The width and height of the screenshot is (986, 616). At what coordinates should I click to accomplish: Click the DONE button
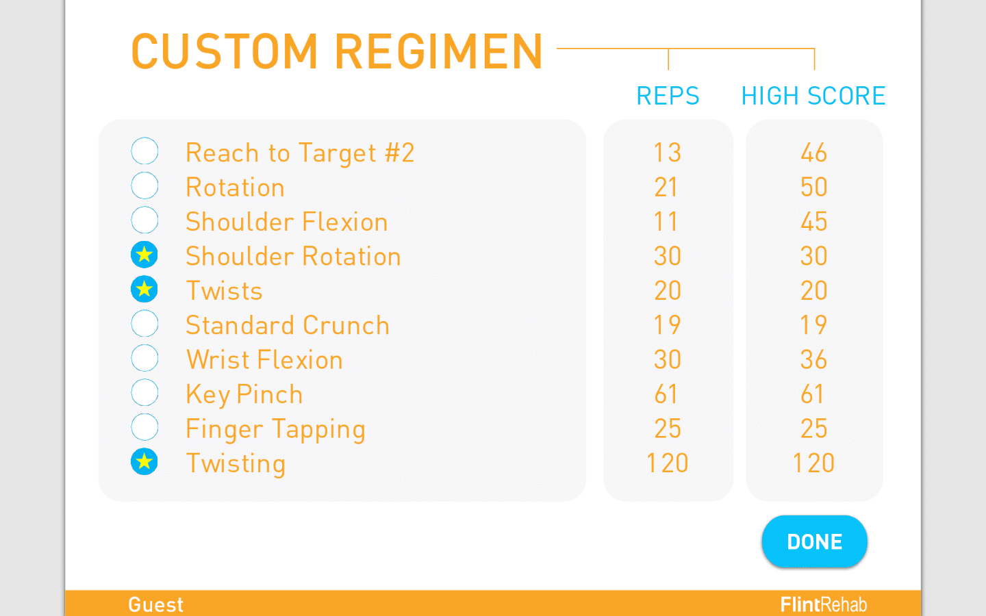[814, 541]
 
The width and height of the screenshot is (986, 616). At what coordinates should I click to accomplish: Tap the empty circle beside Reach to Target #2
[144, 151]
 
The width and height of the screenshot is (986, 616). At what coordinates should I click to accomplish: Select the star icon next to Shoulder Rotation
[144, 255]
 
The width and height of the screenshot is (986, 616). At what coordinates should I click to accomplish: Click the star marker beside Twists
[144, 290]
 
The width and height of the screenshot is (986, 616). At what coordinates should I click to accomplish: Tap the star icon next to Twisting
[144, 462]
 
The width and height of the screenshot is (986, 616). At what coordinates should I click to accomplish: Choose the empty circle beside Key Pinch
[144, 393]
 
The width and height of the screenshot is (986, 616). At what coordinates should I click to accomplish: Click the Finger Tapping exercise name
[275, 429]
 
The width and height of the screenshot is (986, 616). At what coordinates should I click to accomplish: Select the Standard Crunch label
[288, 325]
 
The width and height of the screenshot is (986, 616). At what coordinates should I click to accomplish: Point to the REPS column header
[668, 96]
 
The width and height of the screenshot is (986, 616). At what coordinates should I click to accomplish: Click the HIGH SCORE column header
[813, 96]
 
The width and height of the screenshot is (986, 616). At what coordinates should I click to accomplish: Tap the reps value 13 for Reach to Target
[668, 153]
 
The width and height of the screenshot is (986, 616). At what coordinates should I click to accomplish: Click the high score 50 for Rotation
[814, 187]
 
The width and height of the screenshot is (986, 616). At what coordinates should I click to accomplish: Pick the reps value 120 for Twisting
[668, 463]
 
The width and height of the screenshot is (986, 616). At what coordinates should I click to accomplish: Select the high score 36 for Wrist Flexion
[814, 359]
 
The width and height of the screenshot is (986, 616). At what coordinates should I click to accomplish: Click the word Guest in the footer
[156, 604]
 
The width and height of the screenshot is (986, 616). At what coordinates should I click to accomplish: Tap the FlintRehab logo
[824, 604]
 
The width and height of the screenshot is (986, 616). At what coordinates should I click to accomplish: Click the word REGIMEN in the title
[439, 52]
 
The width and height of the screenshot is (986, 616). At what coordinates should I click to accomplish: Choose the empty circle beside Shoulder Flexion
[144, 220]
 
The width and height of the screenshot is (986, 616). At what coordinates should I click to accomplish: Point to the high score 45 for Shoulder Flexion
[814, 222]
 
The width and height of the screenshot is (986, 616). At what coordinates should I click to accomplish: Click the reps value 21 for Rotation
[666, 187]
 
